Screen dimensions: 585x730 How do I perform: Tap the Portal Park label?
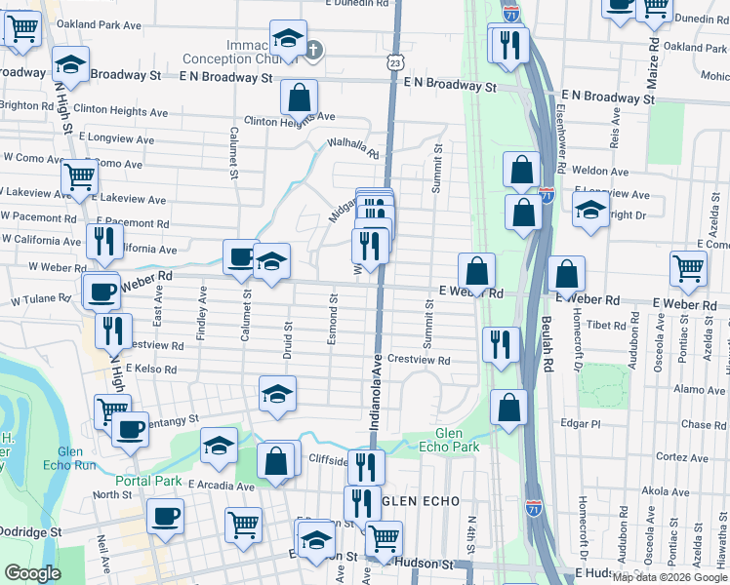(148, 481)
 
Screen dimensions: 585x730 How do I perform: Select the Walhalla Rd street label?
(352, 148)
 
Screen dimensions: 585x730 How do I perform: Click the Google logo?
(32, 573)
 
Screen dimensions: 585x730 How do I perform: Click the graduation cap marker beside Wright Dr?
(590, 210)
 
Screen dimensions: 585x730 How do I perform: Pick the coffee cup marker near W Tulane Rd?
(101, 291)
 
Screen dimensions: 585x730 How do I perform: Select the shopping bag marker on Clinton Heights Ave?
(299, 97)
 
